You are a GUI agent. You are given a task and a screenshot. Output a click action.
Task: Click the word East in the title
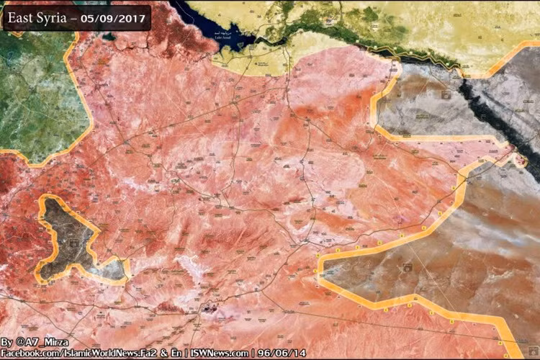(x=23, y=17)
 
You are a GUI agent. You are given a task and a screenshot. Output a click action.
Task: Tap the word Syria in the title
(x=56, y=17)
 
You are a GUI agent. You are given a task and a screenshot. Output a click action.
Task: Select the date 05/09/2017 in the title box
(x=115, y=17)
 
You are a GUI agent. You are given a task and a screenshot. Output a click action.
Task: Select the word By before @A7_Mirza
(x=7, y=341)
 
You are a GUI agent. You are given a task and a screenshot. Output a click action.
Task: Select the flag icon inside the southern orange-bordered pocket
(x=408, y=267)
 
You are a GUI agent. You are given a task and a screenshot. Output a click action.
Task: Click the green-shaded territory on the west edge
(x=32, y=94)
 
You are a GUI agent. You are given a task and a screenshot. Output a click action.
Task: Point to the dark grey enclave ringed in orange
(x=68, y=238)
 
